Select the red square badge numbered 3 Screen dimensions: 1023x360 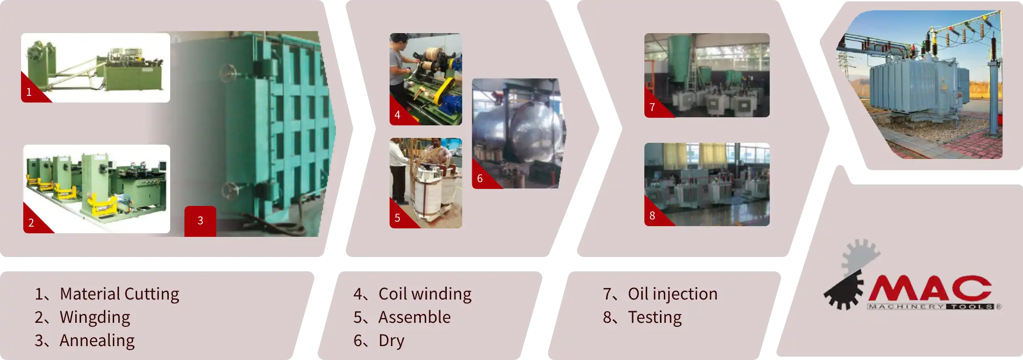coord(200,221)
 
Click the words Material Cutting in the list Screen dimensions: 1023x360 coord(120,294)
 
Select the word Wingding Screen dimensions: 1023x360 coord(95,317)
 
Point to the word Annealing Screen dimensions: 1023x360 coord(97,340)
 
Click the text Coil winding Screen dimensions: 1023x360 coord(425,294)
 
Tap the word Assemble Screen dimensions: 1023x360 coord(415,317)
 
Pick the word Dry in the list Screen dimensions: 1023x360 coord(391,340)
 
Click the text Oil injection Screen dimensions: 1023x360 coord(672,294)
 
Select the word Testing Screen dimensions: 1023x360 coord(655,317)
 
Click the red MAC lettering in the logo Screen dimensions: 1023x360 coord(930,288)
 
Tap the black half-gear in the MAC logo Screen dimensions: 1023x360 coord(844,290)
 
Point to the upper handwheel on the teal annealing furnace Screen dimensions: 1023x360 coord(227,73)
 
